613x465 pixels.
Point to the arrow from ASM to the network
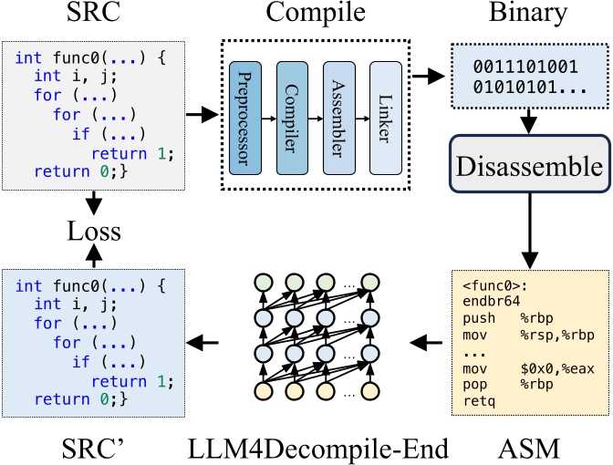click(422, 343)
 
